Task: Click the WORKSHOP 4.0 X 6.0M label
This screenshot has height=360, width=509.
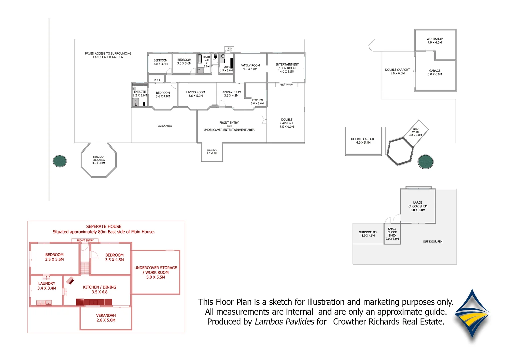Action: (x=434, y=41)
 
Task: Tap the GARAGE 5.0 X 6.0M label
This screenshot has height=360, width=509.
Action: (x=435, y=72)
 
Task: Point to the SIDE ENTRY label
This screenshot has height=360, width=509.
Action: (x=286, y=85)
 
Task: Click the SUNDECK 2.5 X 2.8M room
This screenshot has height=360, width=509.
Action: (x=212, y=152)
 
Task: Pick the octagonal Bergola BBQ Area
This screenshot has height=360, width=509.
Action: (x=99, y=160)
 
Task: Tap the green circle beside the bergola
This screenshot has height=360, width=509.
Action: (x=60, y=161)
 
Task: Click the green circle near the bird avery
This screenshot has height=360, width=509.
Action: (x=425, y=162)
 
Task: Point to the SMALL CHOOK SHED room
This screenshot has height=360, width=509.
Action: (x=392, y=234)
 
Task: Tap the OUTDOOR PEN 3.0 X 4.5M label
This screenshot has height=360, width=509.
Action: (x=368, y=234)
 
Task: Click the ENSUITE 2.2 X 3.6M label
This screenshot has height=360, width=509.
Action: (x=140, y=94)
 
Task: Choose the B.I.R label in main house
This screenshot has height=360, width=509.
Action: (x=157, y=80)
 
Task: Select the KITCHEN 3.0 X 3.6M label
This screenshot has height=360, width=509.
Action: (x=257, y=102)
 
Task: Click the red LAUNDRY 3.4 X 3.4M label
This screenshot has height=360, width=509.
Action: (x=47, y=286)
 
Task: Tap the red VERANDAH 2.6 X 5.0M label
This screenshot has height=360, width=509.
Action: (x=106, y=318)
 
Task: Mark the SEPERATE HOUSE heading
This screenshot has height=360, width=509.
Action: (x=104, y=226)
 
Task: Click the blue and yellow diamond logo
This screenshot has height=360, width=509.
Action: (x=472, y=315)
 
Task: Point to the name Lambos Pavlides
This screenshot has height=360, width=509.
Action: (x=284, y=322)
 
